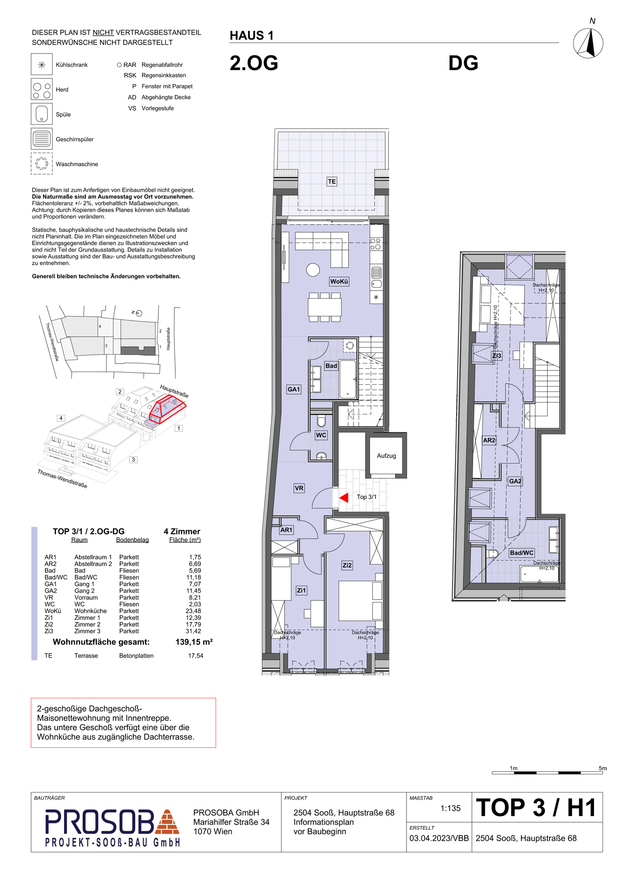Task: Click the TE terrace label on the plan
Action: point(331,182)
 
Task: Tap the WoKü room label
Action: point(339,281)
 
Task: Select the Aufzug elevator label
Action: point(386,456)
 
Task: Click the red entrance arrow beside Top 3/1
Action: point(344,497)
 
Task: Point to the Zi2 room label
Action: point(347,565)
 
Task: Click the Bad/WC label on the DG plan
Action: point(521,553)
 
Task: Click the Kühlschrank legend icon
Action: point(42,64)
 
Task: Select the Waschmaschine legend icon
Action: point(42,164)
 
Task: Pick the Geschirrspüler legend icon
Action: point(42,139)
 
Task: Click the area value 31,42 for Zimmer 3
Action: point(193,631)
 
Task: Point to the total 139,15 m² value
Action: point(194,642)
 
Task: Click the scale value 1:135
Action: point(450,809)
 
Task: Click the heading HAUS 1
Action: point(252,36)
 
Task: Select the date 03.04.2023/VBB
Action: point(439,838)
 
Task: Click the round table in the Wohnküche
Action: point(313,270)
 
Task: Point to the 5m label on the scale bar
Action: point(603,768)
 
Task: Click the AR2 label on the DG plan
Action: point(489,440)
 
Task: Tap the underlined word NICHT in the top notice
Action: point(103,33)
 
